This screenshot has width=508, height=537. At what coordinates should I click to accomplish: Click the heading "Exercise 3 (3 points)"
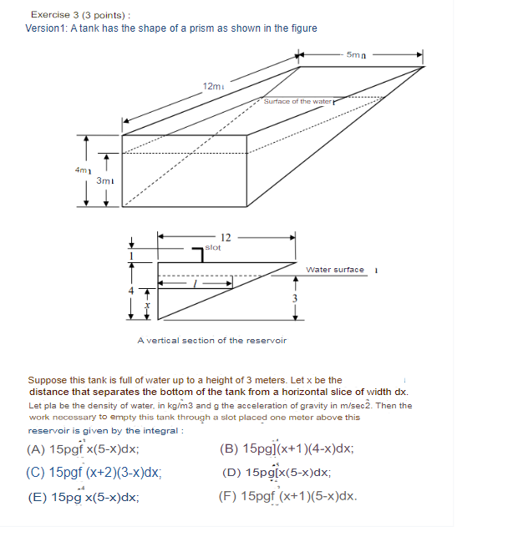[80, 14]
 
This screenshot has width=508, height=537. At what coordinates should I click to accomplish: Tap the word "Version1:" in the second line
[48, 28]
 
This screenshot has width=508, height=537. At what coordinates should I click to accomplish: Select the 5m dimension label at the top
[357, 54]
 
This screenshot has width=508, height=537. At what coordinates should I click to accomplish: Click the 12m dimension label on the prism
[213, 86]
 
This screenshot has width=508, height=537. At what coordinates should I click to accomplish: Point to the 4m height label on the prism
[82, 170]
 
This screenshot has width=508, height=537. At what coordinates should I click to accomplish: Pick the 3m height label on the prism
[104, 180]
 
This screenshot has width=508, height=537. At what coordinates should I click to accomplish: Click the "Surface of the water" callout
[298, 101]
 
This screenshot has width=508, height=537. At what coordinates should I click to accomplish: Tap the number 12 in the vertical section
[225, 239]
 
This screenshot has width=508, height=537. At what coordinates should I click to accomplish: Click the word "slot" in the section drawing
[213, 248]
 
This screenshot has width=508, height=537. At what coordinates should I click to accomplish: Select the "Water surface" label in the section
[335, 270]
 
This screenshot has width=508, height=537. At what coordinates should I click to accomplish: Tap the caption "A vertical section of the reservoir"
[211, 340]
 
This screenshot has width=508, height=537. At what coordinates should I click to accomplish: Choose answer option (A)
[83, 448]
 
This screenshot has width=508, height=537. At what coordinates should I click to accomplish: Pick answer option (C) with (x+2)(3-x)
[94, 472]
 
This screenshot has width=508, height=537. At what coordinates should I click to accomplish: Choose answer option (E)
[83, 497]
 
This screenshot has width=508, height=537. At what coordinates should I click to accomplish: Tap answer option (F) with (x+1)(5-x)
[287, 497]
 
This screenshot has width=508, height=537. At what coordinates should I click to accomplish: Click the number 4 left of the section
[130, 290]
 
